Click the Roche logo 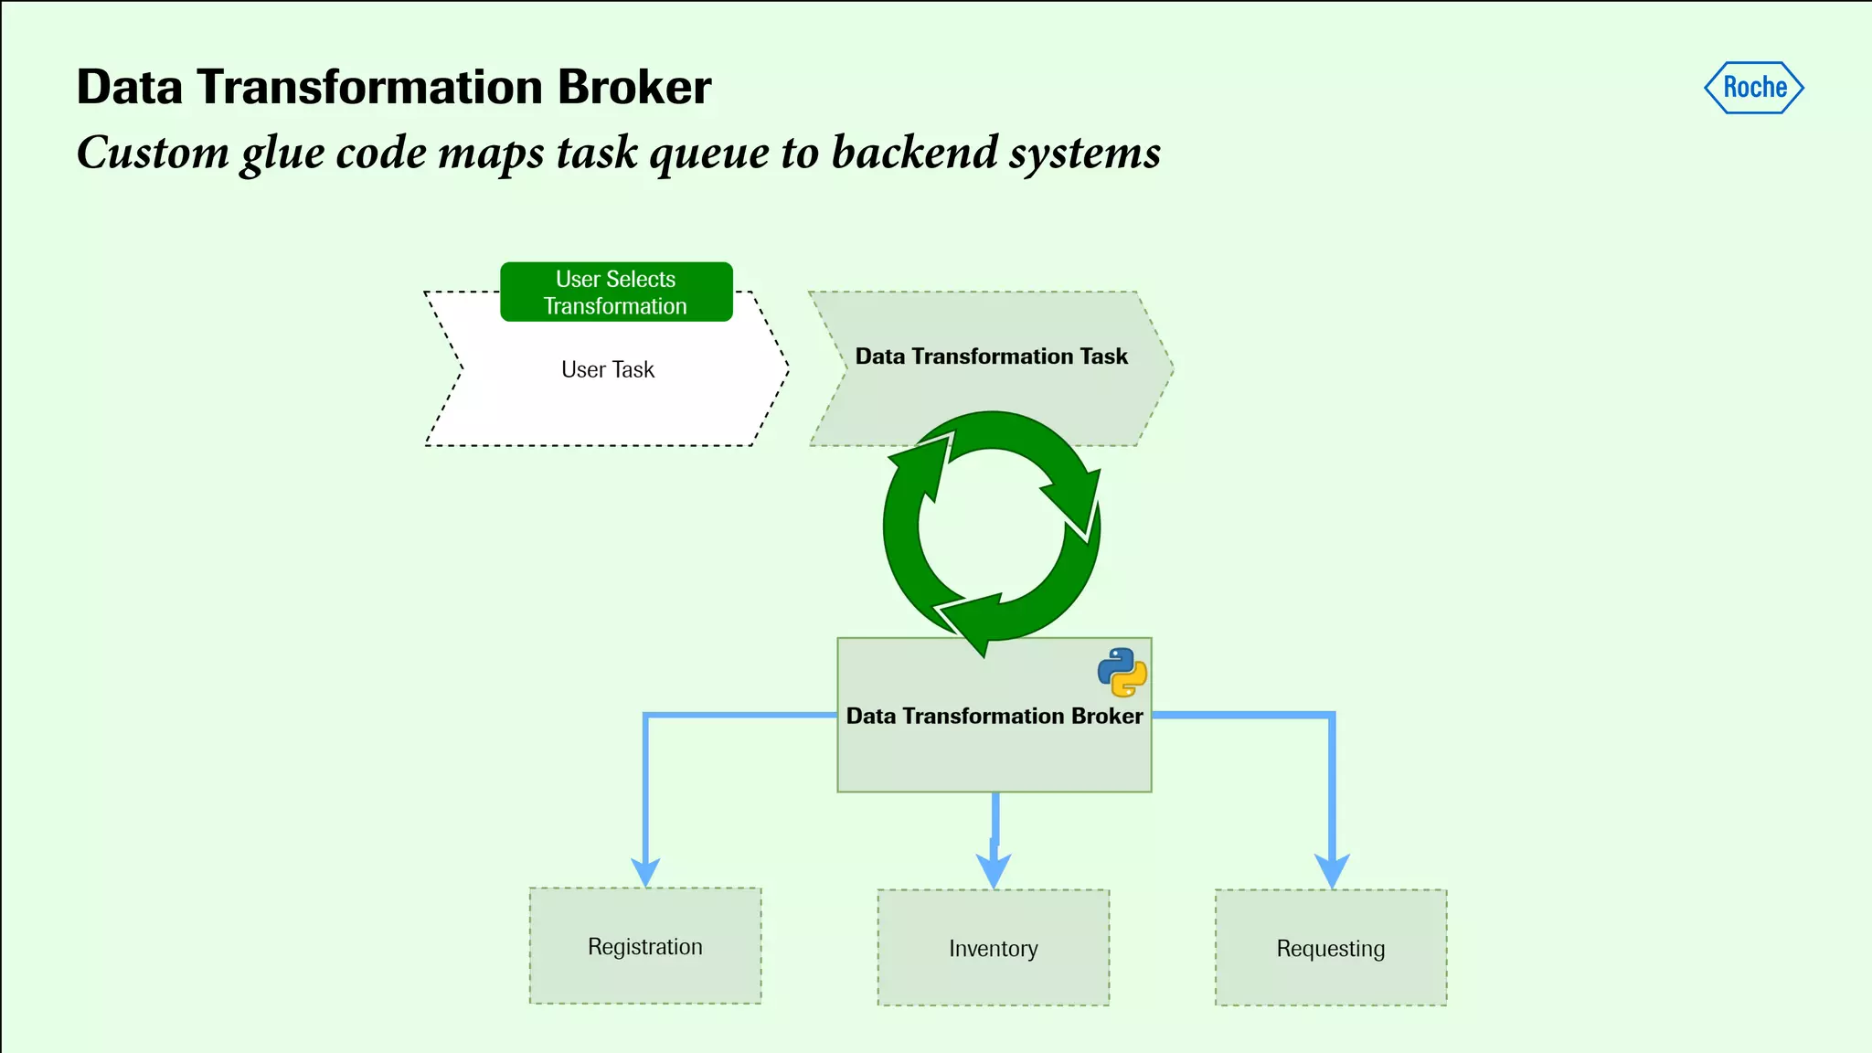pyautogui.click(x=1754, y=88)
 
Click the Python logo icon pyautogui.click(x=1122, y=673)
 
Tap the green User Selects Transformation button pyautogui.click(x=616, y=292)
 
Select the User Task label pyautogui.click(x=608, y=370)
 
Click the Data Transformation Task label pyautogui.click(x=991, y=356)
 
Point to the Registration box pyautogui.click(x=645, y=946)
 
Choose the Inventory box pyautogui.click(x=994, y=948)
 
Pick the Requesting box pyautogui.click(x=1331, y=948)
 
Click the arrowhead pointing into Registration pyautogui.click(x=645, y=872)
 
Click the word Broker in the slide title pyautogui.click(x=634, y=88)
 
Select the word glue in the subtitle pyautogui.click(x=282, y=154)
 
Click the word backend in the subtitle pyautogui.click(x=914, y=152)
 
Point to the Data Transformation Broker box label pyautogui.click(x=994, y=716)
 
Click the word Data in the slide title pyautogui.click(x=129, y=88)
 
